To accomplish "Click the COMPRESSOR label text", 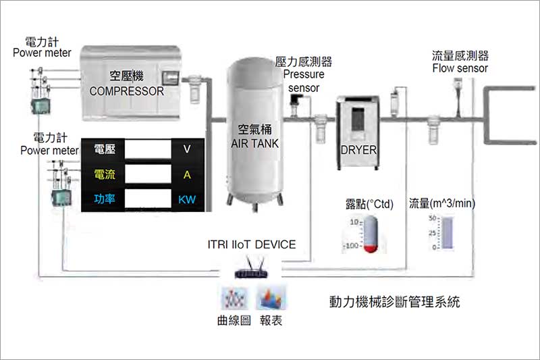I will pos(128,91).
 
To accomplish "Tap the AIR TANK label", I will pos(254,144).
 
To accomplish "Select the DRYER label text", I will pos(358,150).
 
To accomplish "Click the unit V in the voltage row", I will pos(187,150).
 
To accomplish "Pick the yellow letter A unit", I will pos(187,175).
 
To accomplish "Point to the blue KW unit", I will pos(187,200).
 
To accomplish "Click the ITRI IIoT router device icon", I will pos(251,274).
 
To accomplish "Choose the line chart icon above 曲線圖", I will pos(235,298).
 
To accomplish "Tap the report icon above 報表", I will pos(269,298).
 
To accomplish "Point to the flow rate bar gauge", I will pos(448,233).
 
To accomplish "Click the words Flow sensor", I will pos(460,68).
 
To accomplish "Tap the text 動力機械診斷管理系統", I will pos(394,301).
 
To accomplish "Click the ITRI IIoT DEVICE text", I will pos(252,244).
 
